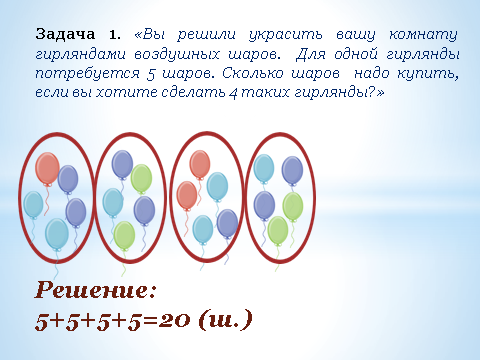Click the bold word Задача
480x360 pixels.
click(65, 35)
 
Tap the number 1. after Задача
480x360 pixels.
click(114, 35)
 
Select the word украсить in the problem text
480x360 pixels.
click(286, 35)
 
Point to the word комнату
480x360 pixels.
click(423, 35)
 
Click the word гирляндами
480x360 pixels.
click(80, 54)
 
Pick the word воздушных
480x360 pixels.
click(177, 55)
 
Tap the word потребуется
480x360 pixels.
click(87, 74)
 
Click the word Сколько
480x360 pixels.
click(253, 73)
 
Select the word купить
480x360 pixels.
click(428, 74)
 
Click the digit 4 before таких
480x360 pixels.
click(233, 94)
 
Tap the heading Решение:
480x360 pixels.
click(95, 290)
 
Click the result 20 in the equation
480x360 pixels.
click(174, 320)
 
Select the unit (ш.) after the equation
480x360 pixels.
click(225, 320)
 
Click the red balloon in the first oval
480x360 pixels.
click(47, 168)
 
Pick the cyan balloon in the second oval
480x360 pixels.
click(113, 203)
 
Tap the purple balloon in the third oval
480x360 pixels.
click(227, 224)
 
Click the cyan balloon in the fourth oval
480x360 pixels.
click(264, 169)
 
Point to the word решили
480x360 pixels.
click(206, 35)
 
